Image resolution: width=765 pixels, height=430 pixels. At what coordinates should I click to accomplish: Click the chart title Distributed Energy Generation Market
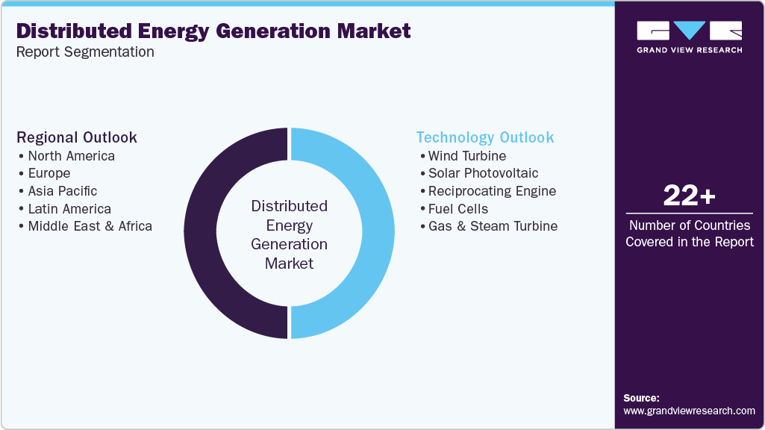pyautogui.click(x=213, y=31)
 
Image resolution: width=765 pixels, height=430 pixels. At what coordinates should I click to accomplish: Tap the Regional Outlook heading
pyautogui.click(x=77, y=137)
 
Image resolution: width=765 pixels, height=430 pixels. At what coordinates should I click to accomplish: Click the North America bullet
pyautogui.click(x=71, y=156)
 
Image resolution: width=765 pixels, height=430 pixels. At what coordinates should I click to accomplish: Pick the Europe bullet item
pyautogui.click(x=49, y=173)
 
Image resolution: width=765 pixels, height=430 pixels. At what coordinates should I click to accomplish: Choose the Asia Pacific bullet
pyautogui.click(x=62, y=191)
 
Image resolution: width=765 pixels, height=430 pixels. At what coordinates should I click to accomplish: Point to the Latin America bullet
pyautogui.click(x=69, y=209)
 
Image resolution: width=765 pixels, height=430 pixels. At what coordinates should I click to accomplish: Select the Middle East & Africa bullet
pyautogui.click(x=90, y=226)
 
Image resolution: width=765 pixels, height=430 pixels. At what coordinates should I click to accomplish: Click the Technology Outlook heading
pyautogui.click(x=485, y=137)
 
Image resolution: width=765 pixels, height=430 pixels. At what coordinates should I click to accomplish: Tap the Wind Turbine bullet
pyautogui.click(x=466, y=156)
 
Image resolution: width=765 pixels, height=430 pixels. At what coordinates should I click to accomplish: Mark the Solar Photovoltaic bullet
pyautogui.click(x=483, y=173)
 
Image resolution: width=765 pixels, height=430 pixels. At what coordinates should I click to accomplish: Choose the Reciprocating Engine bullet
pyautogui.click(x=492, y=191)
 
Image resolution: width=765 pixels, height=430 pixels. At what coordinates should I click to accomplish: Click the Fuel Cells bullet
pyautogui.click(x=458, y=209)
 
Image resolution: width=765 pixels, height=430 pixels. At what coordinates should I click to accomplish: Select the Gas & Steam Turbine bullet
pyautogui.click(x=493, y=226)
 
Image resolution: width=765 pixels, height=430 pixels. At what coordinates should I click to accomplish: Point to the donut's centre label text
pyautogui.click(x=289, y=234)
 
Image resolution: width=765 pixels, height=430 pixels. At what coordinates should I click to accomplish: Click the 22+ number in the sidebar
pyautogui.click(x=690, y=196)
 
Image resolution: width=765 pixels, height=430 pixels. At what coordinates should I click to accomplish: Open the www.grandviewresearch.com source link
pyautogui.click(x=689, y=411)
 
